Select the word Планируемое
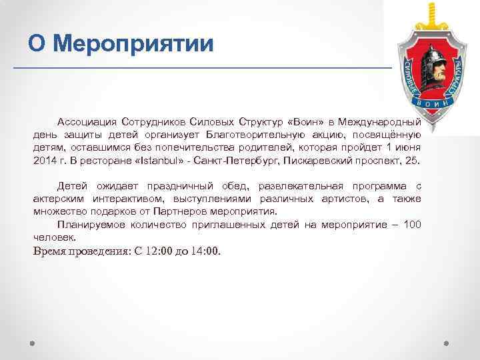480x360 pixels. [x=91, y=224]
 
